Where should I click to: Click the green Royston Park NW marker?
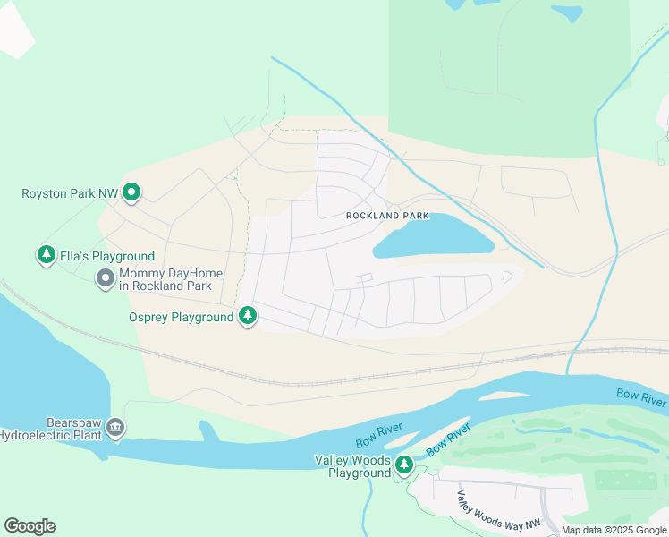(132, 192)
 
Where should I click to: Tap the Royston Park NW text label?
(70, 192)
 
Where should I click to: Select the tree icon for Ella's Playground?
(46, 256)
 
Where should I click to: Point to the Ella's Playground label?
(107, 257)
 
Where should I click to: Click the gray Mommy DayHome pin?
(106, 279)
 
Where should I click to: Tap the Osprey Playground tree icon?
(248, 317)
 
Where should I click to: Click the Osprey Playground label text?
(180, 318)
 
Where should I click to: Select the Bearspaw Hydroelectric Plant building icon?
(115, 429)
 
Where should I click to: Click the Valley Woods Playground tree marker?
(404, 465)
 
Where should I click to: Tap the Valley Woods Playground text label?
(352, 466)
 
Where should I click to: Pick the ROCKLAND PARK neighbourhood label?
(387, 216)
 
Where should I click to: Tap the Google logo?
(30, 526)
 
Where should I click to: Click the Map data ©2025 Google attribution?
(614, 530)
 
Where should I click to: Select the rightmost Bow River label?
(641, 395)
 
